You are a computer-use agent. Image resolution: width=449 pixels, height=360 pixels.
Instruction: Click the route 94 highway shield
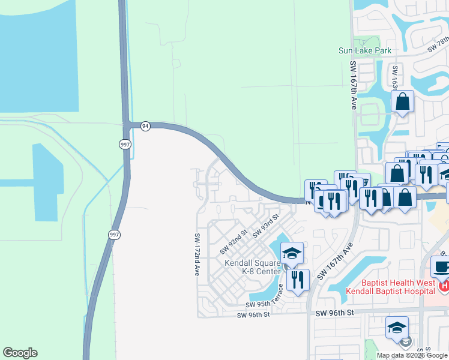(x=145, y=125)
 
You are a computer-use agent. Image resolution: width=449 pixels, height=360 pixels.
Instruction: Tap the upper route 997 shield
(x=124, y=144)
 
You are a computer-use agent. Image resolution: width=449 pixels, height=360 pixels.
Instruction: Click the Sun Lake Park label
(x=365, y=50)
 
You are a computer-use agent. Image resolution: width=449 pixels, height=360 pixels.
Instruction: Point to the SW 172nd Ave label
(x=196, y=254)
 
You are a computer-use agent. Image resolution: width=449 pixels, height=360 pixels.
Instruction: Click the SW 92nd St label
(x=234, y=241)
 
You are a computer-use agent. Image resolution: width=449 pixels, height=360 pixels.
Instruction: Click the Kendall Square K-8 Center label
(x=253, y=267)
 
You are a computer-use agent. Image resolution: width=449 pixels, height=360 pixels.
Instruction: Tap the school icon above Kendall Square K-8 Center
(x=292, y=253)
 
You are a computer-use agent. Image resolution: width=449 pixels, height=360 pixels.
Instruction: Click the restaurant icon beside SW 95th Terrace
(x=297, y=279)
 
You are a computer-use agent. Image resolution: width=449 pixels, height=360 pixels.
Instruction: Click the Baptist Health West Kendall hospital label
(x=390, y=286)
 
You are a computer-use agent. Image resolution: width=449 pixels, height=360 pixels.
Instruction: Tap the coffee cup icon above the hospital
(x=441, y=266)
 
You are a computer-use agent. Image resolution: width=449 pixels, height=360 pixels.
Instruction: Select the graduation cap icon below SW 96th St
(x=397, y=328)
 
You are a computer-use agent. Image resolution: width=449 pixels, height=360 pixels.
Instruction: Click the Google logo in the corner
(x=20, y=353)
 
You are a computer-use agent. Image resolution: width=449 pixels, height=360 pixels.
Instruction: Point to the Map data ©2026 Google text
(x=412, y=355)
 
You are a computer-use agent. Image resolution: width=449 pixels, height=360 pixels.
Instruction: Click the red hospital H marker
(x=444, y=287)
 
